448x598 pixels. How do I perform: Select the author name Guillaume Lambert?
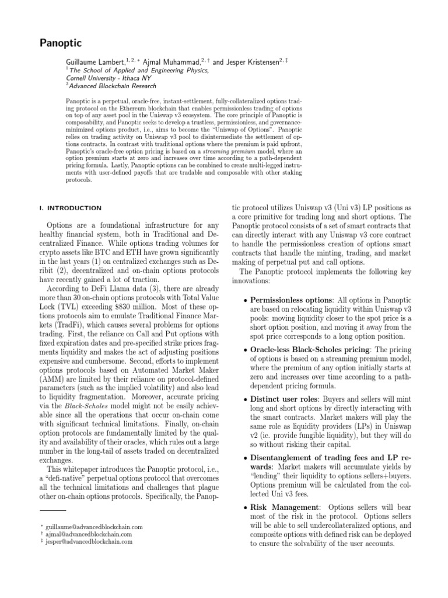point(96,61)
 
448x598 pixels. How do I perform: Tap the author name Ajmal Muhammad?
point(169,61)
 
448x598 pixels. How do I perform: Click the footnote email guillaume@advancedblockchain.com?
point(90,527)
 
